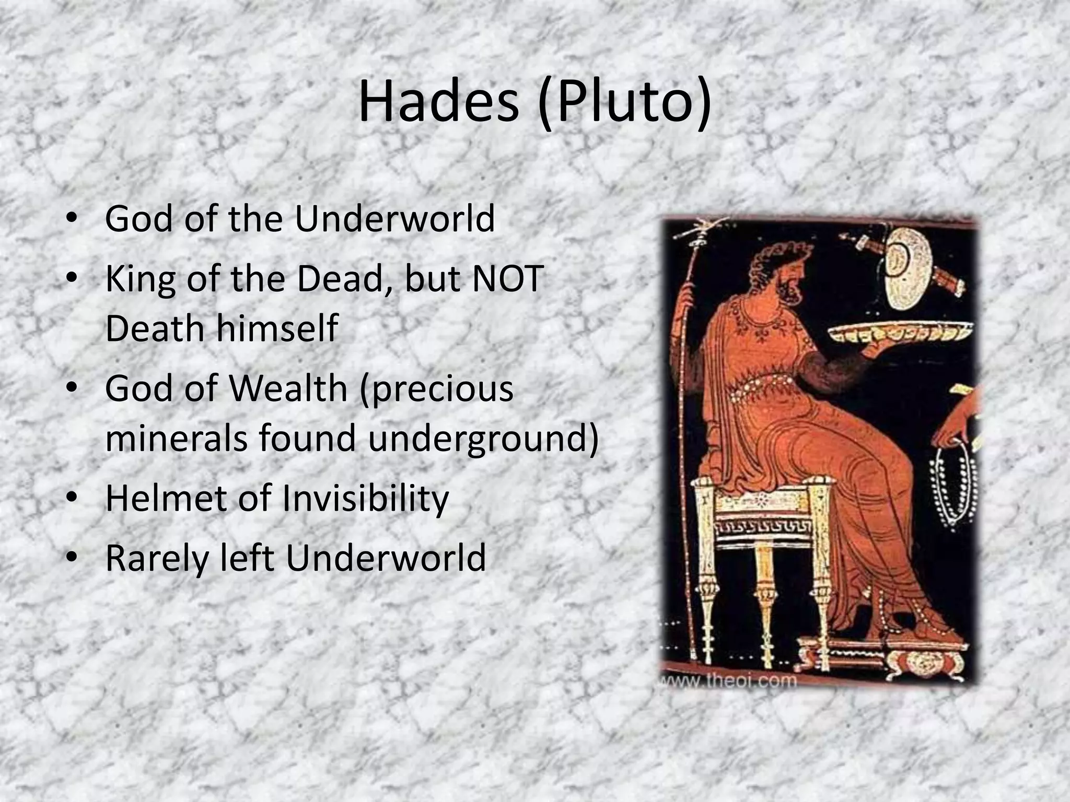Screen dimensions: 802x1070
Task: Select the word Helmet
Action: pos(165,499)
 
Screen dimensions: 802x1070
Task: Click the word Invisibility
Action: pos(365,499)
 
